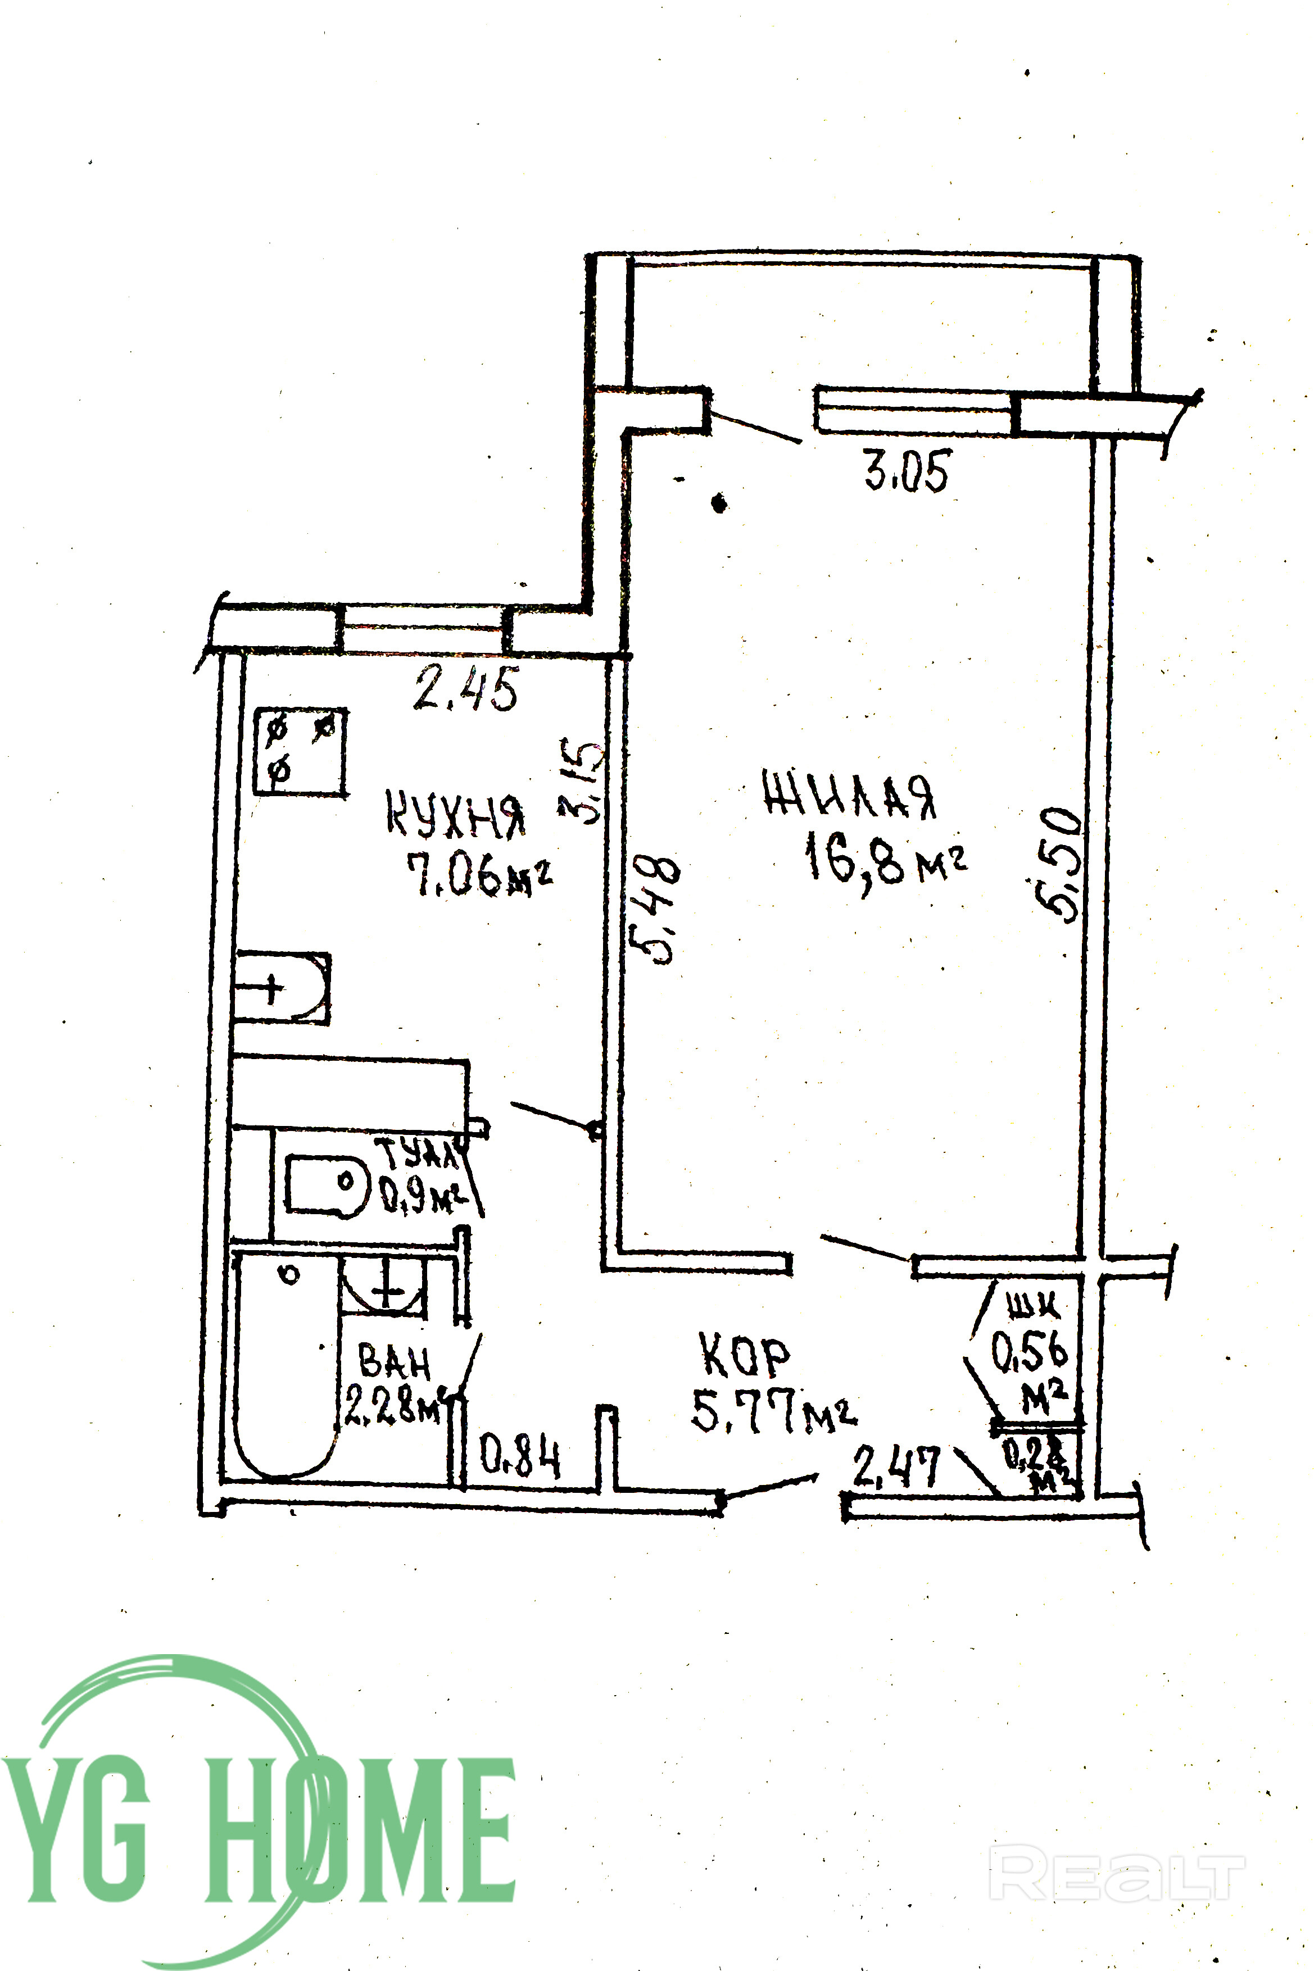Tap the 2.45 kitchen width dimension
click(x=466, y=689)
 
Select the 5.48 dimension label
click(x=655, y=909)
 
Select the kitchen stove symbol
click(x=301, y=751)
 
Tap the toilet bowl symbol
click(x=328, y=1184)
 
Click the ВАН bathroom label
click(x=394, y=1362)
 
